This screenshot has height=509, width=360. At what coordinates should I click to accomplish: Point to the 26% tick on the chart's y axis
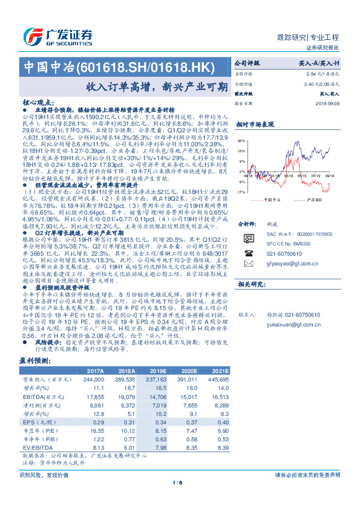point(241,140)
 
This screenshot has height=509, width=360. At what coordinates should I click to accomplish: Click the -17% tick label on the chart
point(241,192)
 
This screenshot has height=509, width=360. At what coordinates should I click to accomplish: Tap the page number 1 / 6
point(180,482)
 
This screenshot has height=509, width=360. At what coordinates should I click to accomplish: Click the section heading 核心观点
point(42,103)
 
